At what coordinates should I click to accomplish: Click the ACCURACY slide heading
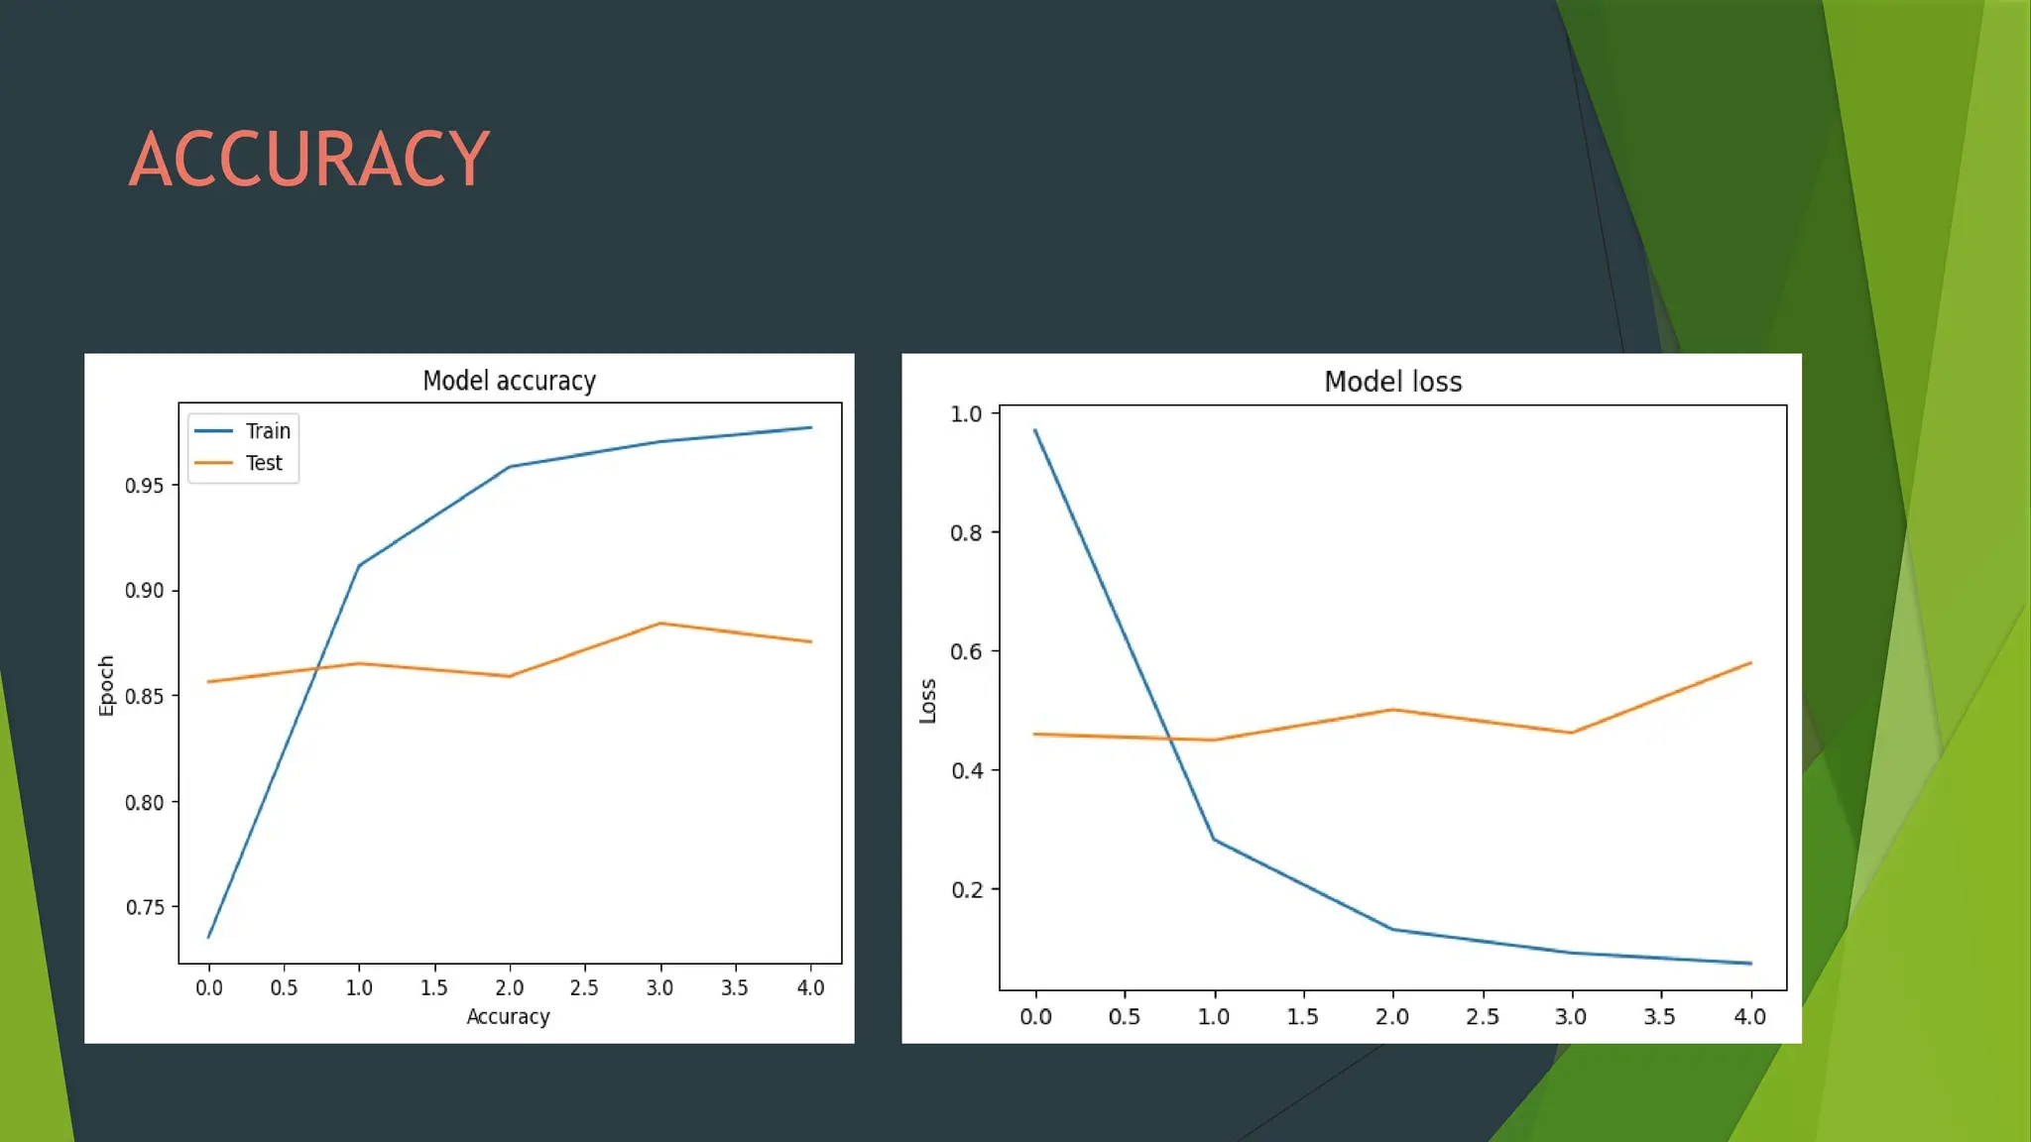pos(309,159)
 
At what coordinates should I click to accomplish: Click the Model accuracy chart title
pos(509,381)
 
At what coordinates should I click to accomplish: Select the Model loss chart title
pos(1392,382)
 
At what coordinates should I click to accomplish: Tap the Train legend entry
pos(268,431)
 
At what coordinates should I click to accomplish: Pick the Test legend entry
pos(264,463)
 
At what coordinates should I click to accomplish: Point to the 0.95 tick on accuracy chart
pos(144,486)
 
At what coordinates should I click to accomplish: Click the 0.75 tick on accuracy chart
pos(144,907)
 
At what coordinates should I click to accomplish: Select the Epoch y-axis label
pos(106,685)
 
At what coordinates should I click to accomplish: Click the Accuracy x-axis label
pos(508,1016)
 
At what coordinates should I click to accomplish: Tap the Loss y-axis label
pos(928,701)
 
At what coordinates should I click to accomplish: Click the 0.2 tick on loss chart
pos(966,890)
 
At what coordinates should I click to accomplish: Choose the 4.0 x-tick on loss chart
pos(1749,1017)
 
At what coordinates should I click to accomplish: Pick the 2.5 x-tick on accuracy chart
pos(584,987)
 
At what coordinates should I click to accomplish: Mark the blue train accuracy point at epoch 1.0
pos(359,565)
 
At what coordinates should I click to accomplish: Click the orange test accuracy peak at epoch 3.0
pos(659,624)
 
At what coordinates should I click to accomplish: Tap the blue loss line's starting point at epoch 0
pos(1035,430)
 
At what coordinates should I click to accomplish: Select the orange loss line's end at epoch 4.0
pos(1750,663)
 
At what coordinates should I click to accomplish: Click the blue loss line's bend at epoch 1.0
pos(1214,840)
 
